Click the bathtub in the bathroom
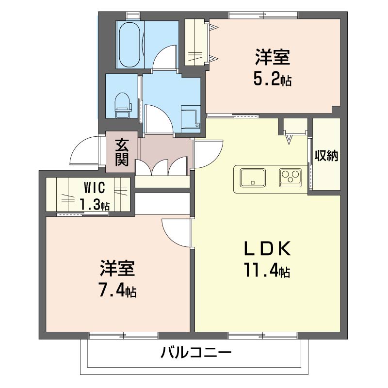point(129,45)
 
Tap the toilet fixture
point(123,105)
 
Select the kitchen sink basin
point(253,178)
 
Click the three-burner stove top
point(290,178)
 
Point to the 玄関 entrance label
point(122,152)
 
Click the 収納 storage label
point(326,156)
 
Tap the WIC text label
point(94,188)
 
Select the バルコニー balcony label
point(196,352)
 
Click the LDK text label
point(267,249)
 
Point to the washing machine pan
point(191,117)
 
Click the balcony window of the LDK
point(262,335)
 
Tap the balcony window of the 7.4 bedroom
point(124,335)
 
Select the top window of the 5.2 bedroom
point(263,15)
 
